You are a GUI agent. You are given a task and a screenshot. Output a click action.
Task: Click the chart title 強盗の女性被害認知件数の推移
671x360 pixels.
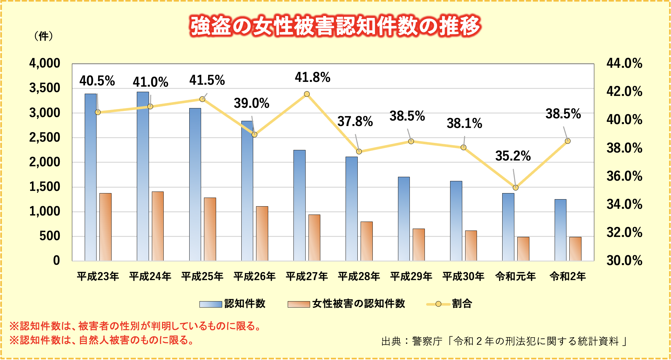(x=335, y=26)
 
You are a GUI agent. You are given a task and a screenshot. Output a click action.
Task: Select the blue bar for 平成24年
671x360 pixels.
(x=143, y=176)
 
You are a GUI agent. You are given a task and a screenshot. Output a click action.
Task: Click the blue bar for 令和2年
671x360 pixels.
(x=560, y=230)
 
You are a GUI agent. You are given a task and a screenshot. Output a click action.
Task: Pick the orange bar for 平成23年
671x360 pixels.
(x=105, y=227)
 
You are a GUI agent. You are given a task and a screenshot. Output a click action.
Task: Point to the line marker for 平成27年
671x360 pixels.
(x=307, y=94)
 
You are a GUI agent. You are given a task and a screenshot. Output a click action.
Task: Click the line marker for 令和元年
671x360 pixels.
(x=515, y=188)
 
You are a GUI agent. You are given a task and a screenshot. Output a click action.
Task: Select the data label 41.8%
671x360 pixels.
(x=312, y=77)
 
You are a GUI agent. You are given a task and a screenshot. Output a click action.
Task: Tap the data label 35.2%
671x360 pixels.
(x=513, y=156)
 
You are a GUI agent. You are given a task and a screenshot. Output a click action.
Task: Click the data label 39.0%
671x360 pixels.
(x=252, y=103)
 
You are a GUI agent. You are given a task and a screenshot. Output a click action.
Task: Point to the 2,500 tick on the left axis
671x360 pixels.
(x=45, y=137)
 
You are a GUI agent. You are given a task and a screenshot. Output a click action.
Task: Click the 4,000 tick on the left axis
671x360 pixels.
(x=45, y=63)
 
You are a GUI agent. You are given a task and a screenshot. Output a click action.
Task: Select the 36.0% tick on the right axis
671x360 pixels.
(x=624, y=176)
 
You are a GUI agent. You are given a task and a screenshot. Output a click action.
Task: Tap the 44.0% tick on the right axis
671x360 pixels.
(x=624, y=63)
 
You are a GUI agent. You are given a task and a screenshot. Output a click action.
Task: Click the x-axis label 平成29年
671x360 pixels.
(x=411, y=276)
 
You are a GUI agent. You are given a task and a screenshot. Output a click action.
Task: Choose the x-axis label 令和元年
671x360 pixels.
(x=515, y=276)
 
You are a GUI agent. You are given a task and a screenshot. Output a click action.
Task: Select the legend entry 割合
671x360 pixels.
(x=462, y=304)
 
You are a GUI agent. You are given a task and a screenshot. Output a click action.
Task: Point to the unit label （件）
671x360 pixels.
(x=43, y=36)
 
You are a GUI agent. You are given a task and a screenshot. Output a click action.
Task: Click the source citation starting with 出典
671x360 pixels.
(x=504, y=341)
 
